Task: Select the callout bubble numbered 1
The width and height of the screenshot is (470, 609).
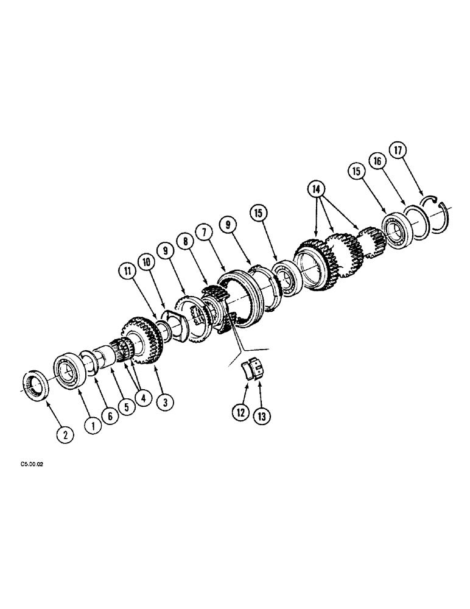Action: point(93,427)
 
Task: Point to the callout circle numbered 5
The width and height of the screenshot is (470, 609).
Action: point(126,409)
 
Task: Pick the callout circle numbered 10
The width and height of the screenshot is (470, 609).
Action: point(146,262)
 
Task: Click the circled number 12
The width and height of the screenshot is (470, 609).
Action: point(240,413)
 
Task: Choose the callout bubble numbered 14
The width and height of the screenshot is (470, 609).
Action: point(316,190)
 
